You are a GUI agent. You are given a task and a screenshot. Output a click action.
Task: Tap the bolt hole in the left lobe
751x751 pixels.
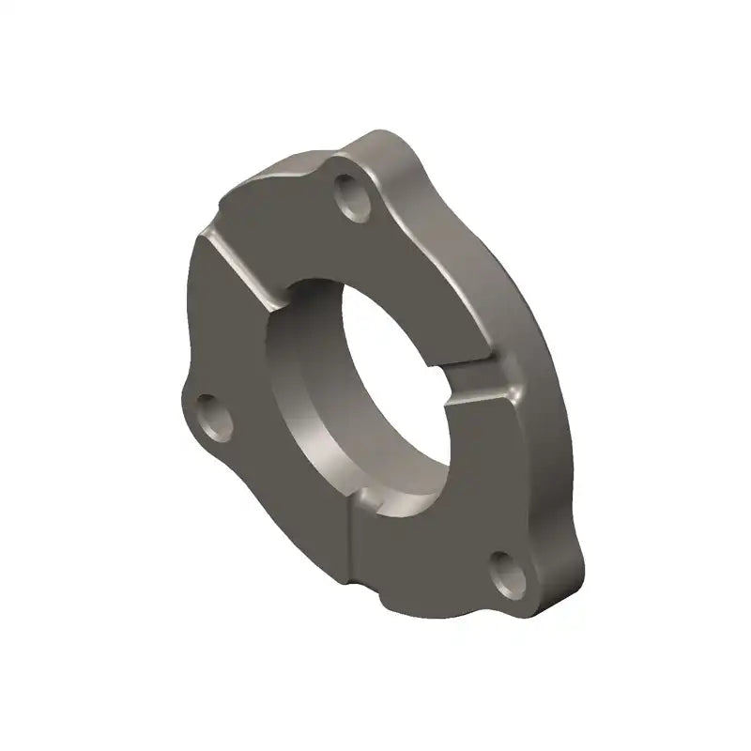click(215, 417)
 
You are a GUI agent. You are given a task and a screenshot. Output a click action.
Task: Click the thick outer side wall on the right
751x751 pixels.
click(544, 375)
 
